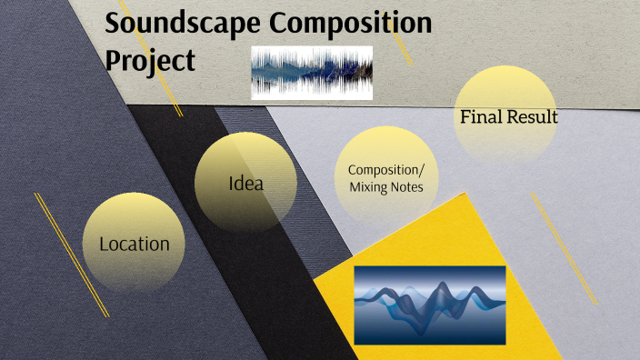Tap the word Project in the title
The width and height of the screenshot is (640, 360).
[x=151, y=60]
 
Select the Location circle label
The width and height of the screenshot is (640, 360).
[x=135, y=244]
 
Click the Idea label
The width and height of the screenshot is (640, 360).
[x=245, y=184]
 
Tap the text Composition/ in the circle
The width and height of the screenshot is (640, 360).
[x=386, y=170]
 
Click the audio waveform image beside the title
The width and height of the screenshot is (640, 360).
[x=312, y=73]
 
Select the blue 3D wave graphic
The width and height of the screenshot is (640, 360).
[x=429, y=305]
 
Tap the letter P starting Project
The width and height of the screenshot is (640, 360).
[x=114, y=60]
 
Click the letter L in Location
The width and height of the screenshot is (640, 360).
[x=104, y=244]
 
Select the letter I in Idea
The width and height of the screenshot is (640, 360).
[x=232, y=184]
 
